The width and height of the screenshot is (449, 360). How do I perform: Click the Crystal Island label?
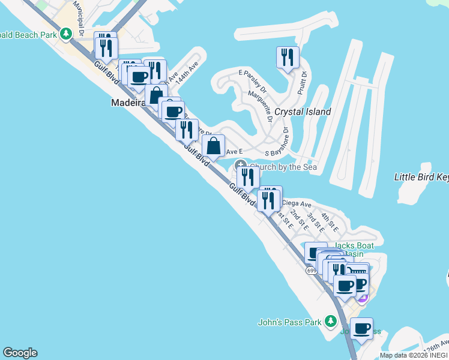click(x=303, y=112)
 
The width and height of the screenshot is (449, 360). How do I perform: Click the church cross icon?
click(x=241, y=166)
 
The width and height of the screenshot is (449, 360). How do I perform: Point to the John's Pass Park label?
click(x=289, y=322)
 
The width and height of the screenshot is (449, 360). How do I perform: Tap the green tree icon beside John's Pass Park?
click(x=330, y=322)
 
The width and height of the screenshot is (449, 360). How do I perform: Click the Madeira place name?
click(x=128, y=103)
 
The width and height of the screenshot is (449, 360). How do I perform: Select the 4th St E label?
click(x=330, y=222)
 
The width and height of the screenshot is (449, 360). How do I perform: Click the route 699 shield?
click(x=311, y=271)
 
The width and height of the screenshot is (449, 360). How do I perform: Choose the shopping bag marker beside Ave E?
click(x=213, y=145)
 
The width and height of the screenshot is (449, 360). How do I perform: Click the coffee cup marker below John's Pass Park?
click(x=361, y=328)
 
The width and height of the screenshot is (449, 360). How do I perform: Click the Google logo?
click(x=20, y=353)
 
